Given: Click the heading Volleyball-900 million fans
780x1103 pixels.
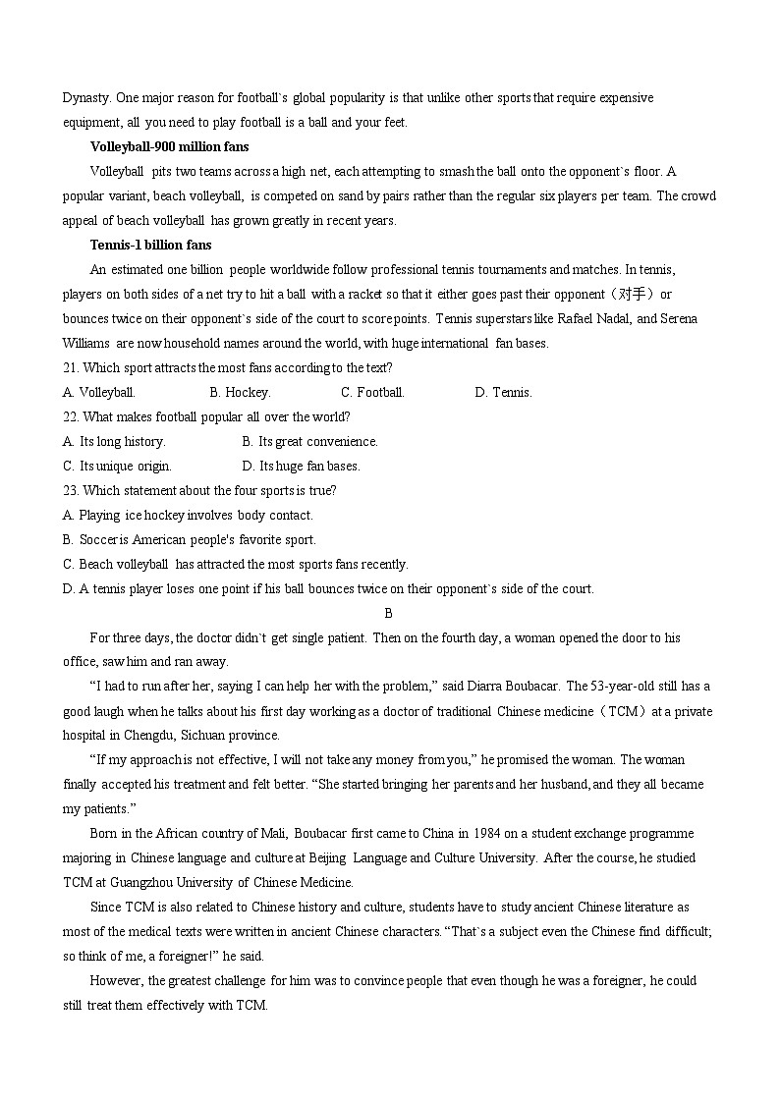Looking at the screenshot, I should (169, 147).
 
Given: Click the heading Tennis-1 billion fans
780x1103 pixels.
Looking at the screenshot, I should (150, 246).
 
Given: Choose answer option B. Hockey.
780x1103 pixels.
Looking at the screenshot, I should (240, 393).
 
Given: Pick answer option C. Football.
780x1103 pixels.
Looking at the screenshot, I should (372, 393).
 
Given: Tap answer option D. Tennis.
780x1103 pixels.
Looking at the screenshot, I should (503, 393).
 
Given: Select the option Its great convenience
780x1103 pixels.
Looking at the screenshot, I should (309, 442).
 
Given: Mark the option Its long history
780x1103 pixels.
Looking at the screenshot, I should (114, 442).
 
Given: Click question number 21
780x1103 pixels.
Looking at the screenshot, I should (71, 368).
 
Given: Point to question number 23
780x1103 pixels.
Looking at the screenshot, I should (71, 491).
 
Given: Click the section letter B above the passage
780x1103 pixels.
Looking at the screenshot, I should (389, 614).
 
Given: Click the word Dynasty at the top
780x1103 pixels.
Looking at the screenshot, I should (86, 98).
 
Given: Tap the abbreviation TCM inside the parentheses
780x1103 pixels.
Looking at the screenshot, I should (628, 711).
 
